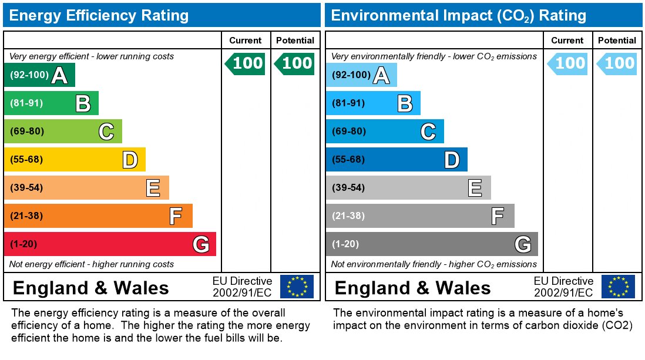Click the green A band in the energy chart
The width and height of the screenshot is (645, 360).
pyautogui.click(x=39, y=75)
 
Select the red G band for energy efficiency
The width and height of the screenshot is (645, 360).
pyautogui.click(x=109, y=244)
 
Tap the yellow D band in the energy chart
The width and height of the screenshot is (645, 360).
pyautogui.click(x=74, y=160)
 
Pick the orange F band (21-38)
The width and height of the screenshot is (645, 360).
pyautogui.click(x=98, y=216)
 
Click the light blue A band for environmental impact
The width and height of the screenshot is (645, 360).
pyautogui.click(x=361, y=75)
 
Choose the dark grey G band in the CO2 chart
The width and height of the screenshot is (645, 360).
pyautogui.click(x=431, y=244)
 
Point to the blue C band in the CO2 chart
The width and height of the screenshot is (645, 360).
pyautogui.click(x=384, y=132)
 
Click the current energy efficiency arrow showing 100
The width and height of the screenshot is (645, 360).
pyautogui.click(x=246, y=63)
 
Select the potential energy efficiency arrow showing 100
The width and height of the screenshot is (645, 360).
pyautogui.click(x=295, y=63)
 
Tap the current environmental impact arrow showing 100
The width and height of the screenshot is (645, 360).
pyautogui.click(x=567, y=63)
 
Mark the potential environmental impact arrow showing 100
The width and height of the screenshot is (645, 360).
pyautogui.click(x=617, y=63)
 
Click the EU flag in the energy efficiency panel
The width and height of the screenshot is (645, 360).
pyautogui.click(x=297, y=287)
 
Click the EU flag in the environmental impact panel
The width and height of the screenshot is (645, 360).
pyautogui.click(x=618, y=287)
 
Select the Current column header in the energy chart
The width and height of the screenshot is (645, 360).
pyautogui.click(x=246, y=41)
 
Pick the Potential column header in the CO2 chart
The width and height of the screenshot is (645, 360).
pyautogui.click(x=617, y=41)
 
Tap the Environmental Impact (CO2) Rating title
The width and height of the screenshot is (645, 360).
pyautogui.click(x=458, y=15)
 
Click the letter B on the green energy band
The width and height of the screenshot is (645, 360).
pyautogui.click(x=83, y=104)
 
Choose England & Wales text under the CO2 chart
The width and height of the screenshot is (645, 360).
pyautogui.click(x=412, y=288)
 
